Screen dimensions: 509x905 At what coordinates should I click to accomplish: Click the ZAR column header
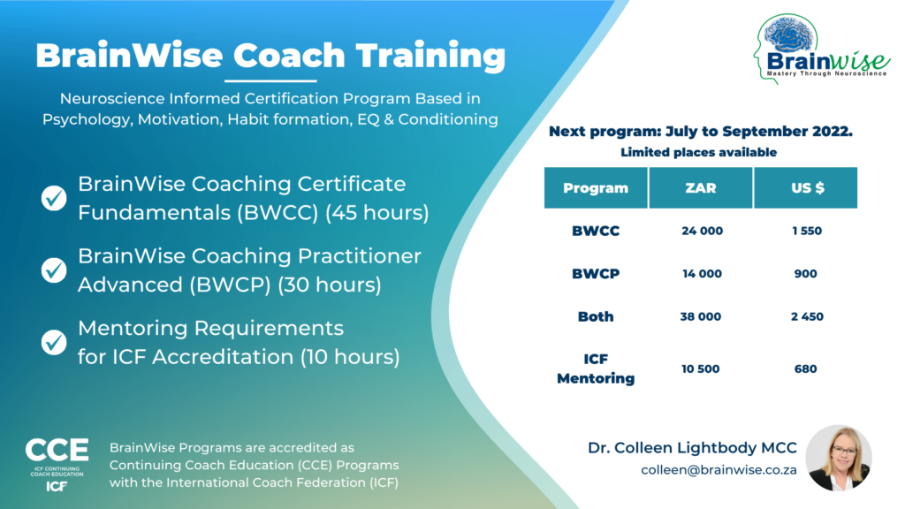click(701, 187)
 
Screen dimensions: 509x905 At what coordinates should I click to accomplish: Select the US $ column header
click(805, 187)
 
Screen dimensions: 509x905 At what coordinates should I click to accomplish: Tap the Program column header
click(596, 187)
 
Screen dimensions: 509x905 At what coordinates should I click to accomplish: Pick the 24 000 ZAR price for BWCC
click(702, 231)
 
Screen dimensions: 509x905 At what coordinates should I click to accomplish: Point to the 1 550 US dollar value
click(805, 231)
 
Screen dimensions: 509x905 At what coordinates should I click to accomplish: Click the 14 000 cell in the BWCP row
click(702, 274)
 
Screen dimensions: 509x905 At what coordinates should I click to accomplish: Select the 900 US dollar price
click(805, 274)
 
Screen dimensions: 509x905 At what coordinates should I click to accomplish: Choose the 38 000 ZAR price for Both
click(702, 316)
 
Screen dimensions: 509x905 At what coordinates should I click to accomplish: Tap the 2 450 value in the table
click(805, 316)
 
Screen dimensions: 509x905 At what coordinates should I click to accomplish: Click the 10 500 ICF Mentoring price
click(702, 368)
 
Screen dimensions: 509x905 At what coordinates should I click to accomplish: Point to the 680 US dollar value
click(805, 368)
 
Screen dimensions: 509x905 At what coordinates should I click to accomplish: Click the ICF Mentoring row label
click(596, 368)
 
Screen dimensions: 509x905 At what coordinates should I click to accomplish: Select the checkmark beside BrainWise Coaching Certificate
click(54, 199)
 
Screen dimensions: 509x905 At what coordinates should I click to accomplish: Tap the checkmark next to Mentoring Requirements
click(54, 341)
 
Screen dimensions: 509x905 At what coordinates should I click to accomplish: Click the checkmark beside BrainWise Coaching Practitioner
click(54, 270)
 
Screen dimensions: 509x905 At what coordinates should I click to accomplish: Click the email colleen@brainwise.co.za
click(719, 470)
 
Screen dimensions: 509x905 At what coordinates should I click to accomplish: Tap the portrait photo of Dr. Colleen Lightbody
click(838, 458)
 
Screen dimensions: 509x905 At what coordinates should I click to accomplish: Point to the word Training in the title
click(432, 57)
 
